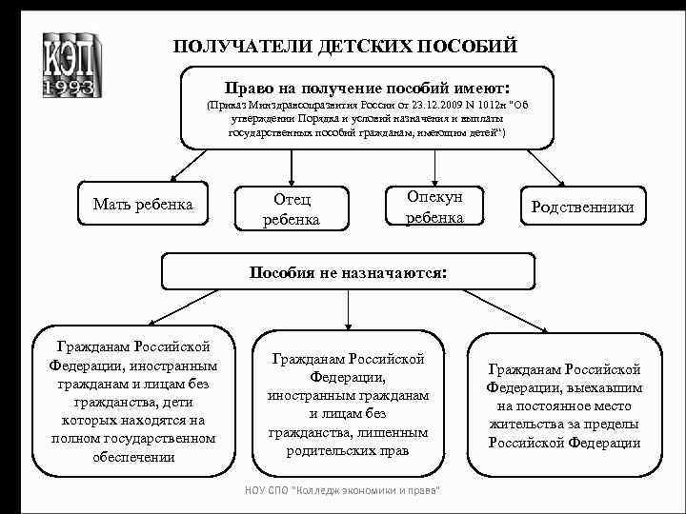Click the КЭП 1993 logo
[x=69, y=64]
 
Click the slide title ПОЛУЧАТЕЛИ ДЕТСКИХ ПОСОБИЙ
[x=345, y=46]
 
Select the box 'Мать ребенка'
[x=143, y=204]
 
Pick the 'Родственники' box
[x=582, y=208]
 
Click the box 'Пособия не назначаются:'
[x=348, y=271]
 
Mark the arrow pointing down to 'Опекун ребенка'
[x=434, y=166]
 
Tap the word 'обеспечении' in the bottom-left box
[x=133, y=457]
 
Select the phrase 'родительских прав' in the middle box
[x=348, y=450]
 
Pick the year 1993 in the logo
[x=69, y=88]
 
